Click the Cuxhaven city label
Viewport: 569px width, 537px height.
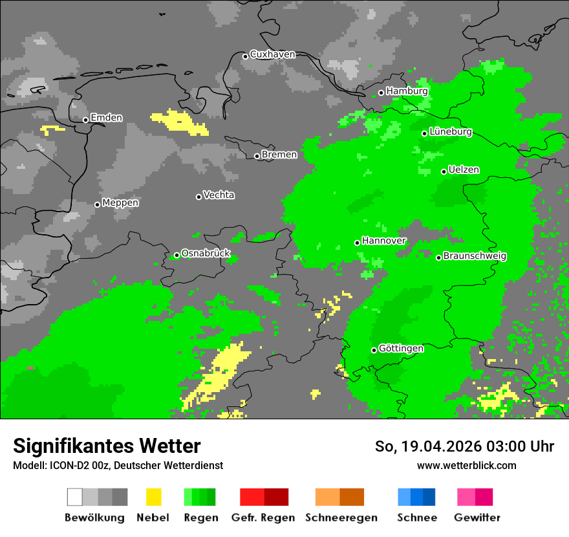(x=272, y=54)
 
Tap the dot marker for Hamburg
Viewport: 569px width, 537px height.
(x=381, y=93)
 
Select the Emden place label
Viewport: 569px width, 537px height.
(x=106, y=118)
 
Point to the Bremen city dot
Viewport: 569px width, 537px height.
(x=257, y=156)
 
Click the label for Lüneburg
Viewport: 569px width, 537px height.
(x=451, y=132)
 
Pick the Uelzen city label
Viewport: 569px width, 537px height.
(x=464, y=170)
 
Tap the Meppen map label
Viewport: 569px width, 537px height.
(x=120, y=203)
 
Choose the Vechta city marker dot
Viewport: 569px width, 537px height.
(x=199, y=197)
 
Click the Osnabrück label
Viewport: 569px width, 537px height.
(x=206, y=254)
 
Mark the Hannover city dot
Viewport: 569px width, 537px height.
(x=357, y=243)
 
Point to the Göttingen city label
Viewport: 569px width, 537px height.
(x=401, y=349)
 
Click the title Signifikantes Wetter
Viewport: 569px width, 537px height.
(x=107, y=446)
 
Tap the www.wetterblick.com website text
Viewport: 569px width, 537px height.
(x=466, y=466)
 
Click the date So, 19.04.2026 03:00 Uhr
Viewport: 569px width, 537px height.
(x=464, y=446)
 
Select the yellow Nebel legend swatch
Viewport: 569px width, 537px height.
(x=153, y=497)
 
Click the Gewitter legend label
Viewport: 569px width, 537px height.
(x=477, y=518)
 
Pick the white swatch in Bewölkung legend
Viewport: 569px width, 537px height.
(x=75, y=497)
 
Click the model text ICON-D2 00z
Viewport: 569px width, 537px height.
(x=78, y=466)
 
